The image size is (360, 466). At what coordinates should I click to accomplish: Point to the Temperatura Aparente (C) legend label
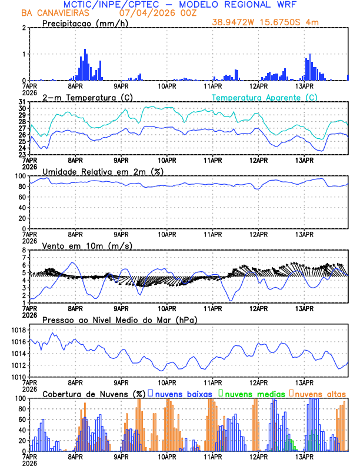[x=265, y=97]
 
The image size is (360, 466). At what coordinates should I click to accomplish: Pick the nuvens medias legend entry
[x=248, y=393]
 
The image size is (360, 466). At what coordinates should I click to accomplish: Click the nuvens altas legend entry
[x=318, y=393]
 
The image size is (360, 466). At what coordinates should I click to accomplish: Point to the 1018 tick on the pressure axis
[x=18, y=330]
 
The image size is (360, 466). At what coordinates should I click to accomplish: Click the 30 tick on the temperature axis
[x=22, y=108]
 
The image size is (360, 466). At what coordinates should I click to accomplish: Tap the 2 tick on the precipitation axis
[x=24, y=28]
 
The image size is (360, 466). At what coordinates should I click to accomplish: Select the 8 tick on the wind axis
[x=24, y=250]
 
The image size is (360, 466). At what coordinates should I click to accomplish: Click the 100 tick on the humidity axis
[x=20, y=176]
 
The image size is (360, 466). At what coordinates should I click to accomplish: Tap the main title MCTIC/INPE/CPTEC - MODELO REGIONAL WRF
[x=180, y=4]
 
